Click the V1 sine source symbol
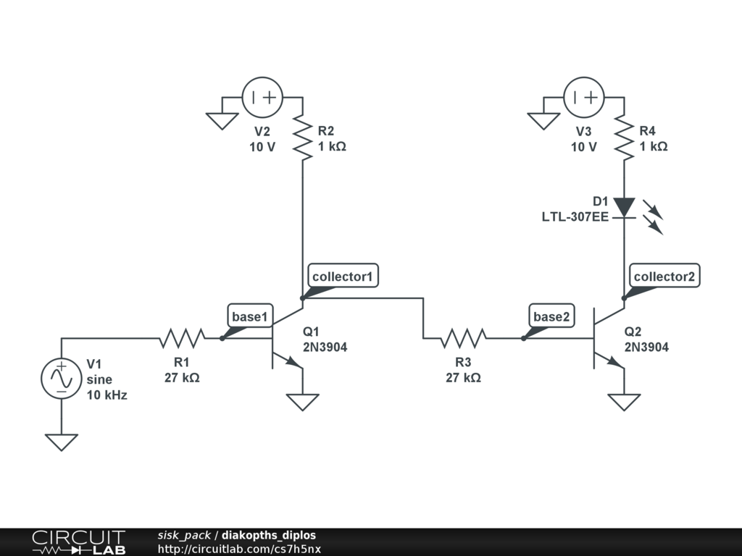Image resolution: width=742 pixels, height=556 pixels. click(x=61, y=379)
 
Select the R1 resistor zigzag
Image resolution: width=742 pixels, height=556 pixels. click(x=182, y=338)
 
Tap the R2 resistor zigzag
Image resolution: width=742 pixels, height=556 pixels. click(x=301, y=138)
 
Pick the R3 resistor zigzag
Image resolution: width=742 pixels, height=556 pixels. click(x=464, y=338)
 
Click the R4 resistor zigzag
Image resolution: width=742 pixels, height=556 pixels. click(x=623, y=138)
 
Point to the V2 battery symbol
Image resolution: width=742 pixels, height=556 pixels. click(x=262, y=98)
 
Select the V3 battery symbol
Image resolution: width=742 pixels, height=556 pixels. click(x=583, y=98)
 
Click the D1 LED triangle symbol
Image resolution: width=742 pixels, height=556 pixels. click(x=623, y=208)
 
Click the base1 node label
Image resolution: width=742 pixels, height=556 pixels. click(x=250, y=316)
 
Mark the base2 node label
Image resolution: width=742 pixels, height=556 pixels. click(x=551, y=316)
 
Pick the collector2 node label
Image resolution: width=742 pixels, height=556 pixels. click(x=664, y=276)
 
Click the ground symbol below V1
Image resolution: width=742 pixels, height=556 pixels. click(x=61, y=440)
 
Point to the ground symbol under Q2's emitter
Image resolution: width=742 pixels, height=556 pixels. click(x=623, y=401)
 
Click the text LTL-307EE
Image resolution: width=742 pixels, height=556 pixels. click(x=575, y=216)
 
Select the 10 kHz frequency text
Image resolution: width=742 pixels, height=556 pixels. click(x=107, y=395)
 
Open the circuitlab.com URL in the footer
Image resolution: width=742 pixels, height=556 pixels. click(x=239, y=549)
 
